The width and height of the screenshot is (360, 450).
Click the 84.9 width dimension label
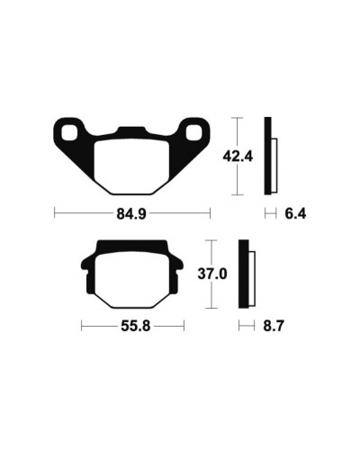pos(131,214)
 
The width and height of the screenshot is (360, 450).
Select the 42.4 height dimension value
pos(238,157)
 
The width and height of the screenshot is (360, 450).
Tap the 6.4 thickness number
pos(295,214)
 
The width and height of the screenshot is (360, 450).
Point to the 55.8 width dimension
pos(136,326)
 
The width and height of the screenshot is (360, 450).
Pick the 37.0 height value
pos(212,274)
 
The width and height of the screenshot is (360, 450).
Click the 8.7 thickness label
pos(274,326)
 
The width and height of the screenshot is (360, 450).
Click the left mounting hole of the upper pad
pos(70,132)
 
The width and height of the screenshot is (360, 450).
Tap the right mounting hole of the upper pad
pos(193,132)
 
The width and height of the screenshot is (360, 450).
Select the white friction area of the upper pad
pos(131,166)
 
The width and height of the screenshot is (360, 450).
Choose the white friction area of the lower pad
pos(132,280)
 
